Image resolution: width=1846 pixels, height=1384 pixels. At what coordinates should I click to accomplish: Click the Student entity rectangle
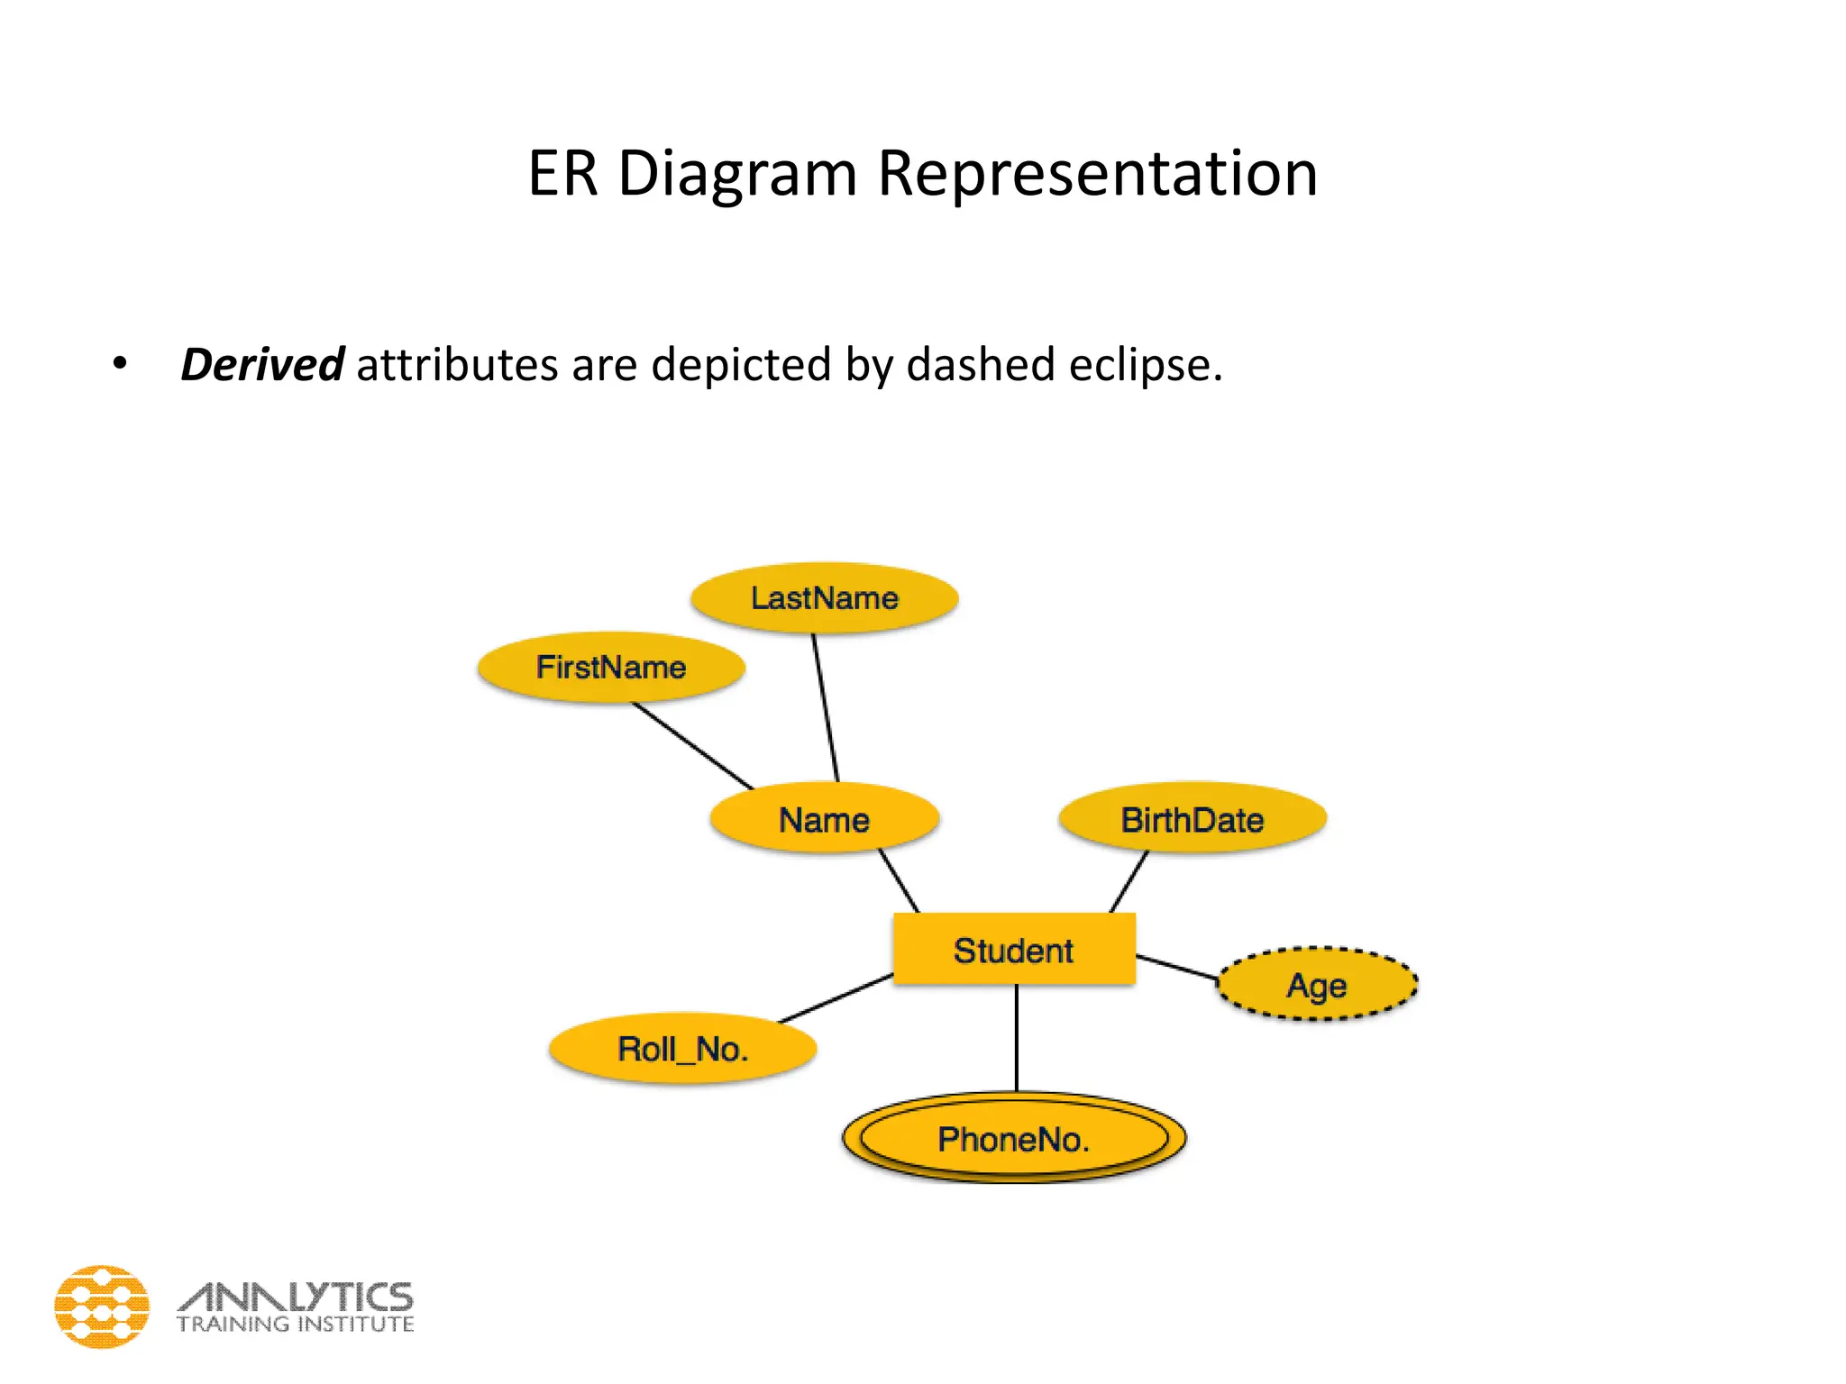1013,949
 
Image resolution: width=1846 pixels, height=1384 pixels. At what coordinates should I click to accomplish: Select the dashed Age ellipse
1316,984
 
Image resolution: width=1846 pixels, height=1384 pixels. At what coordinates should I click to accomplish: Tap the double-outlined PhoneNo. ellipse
1013,1138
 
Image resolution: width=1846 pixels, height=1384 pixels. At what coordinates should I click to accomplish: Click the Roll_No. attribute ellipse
682,1049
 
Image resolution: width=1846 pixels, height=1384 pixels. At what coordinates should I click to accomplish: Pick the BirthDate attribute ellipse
1192,818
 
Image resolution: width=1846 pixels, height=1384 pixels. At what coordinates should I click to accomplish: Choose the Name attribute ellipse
824,818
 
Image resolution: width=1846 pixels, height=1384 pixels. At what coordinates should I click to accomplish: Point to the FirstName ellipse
611,667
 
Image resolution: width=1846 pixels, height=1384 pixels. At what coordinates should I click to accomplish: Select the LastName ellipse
824,597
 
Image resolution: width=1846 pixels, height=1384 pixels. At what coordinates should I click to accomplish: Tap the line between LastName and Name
826,707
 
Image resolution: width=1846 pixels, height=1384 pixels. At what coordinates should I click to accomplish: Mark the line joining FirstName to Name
692,745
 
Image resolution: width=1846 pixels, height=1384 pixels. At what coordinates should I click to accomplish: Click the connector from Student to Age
1176,968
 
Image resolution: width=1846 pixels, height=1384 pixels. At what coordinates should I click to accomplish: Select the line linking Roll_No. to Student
836,998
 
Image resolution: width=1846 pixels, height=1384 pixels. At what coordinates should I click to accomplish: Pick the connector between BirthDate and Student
1129,881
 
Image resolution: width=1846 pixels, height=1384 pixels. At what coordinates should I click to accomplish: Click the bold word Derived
261,365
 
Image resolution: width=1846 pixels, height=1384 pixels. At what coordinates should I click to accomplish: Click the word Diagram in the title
737,173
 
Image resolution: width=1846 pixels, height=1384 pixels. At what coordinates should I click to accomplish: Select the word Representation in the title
1097,173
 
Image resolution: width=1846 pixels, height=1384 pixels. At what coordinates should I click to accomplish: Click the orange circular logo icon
102,1307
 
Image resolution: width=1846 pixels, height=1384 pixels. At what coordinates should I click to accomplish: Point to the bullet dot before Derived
119,365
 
